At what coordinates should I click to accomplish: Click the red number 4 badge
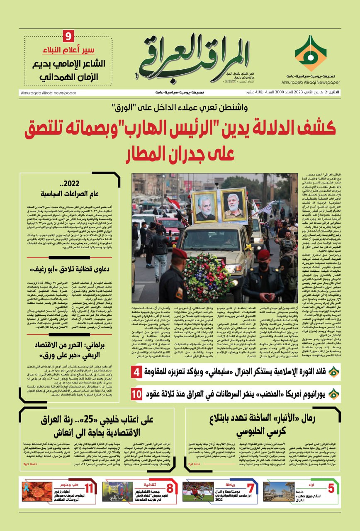[x=137, y=372]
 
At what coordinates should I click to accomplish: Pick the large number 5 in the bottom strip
[x=331, y=488]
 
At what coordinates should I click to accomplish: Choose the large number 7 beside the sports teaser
[x=250, y=488]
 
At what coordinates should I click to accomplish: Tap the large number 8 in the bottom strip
[x=170, y=488]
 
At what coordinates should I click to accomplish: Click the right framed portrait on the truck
[x=234, y=205]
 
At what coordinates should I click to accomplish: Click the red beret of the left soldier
[x=180, y=253]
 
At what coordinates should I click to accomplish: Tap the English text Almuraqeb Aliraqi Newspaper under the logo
[x=310, y=83]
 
